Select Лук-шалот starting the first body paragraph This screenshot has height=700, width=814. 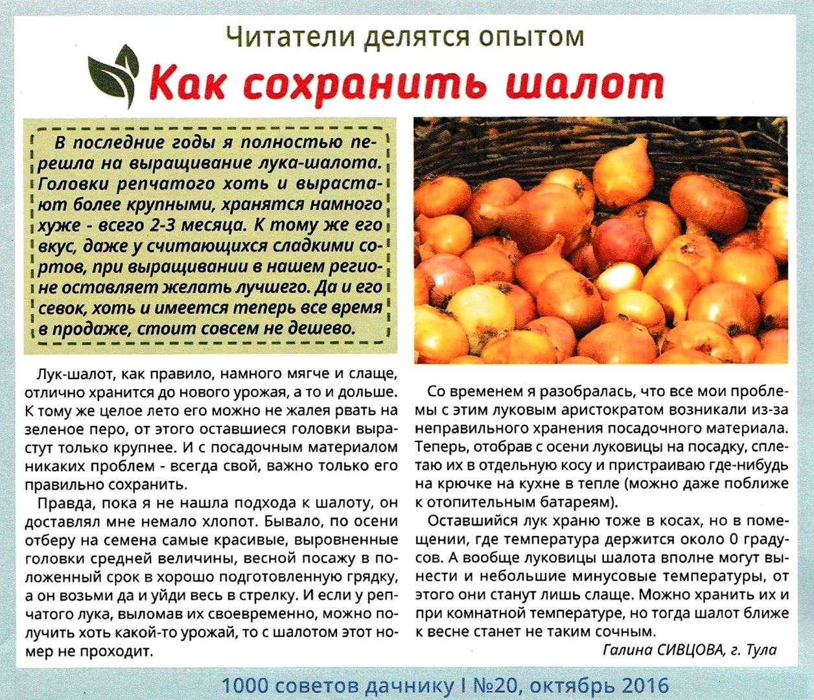tap(64, 375)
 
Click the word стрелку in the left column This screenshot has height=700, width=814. tap(257, 594)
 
